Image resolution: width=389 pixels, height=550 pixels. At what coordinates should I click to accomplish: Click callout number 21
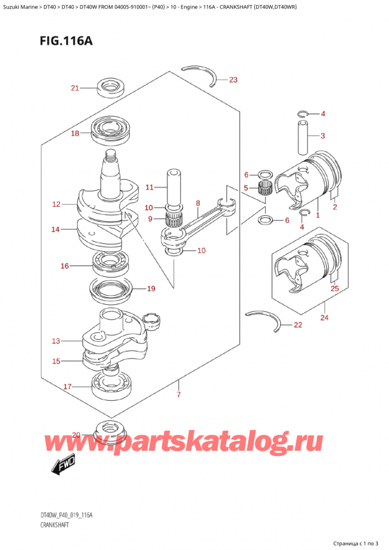tap(74, 88)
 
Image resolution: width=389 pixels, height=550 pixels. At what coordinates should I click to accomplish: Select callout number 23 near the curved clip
tap(233, 80)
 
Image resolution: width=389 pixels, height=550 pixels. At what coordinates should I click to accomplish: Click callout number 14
tap(56, 229)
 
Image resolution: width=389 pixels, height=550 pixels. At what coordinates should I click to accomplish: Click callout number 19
tap(150, 289)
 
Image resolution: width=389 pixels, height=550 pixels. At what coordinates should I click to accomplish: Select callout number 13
tap(56, 341)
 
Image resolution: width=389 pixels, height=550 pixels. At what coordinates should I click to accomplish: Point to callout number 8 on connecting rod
tap(198, 203)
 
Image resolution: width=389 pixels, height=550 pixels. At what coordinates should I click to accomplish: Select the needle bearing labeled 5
tap(265, 189)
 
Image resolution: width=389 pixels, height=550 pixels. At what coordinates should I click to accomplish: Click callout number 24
tap(324, 318)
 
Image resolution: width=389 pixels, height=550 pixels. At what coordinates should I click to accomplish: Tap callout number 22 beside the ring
tap(298, 325)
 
